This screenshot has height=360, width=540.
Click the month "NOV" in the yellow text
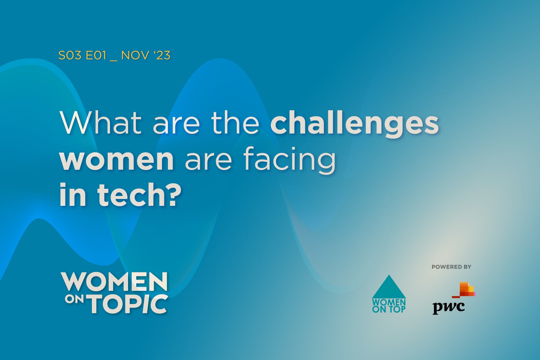tap(135, 55)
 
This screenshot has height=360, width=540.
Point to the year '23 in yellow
tap(162, 55)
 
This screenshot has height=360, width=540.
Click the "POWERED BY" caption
tap(451, 267)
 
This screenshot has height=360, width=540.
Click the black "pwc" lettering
tap(448, 307)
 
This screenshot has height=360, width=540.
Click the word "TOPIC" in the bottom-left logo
tap(129, 304)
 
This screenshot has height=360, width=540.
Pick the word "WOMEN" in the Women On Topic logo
tap(114, 282)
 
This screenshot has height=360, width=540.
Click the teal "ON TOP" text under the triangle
tap(389, 310)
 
